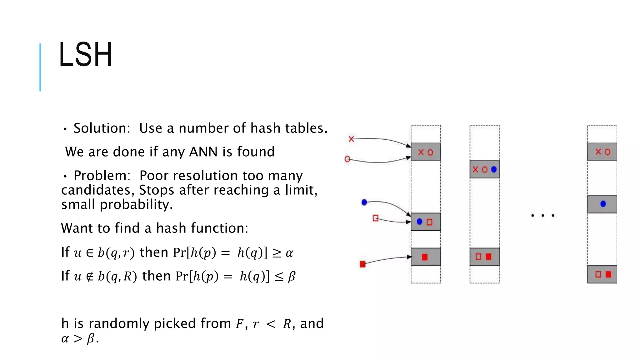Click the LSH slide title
[x=85, y=55]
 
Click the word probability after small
[x=136, y=205]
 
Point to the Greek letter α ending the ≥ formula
[x=289, y=253]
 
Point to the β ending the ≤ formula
[x=291, y=277]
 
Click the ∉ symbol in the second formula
[x=90, y=277]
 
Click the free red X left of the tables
[x=351, y=139]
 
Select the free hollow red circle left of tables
[x=347, y=159]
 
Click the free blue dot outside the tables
[x=364, y=202]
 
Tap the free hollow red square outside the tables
[x=375, y=218]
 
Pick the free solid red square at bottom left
[x=362, y=264]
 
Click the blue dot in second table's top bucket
[x=494, y=169]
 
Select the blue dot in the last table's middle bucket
[x=603, y=204]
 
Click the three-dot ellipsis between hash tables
[x=543, y=216]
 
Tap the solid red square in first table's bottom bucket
[x=424, y=257]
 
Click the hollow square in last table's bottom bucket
[x=598, y=274]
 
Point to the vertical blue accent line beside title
[x=40, y=67]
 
